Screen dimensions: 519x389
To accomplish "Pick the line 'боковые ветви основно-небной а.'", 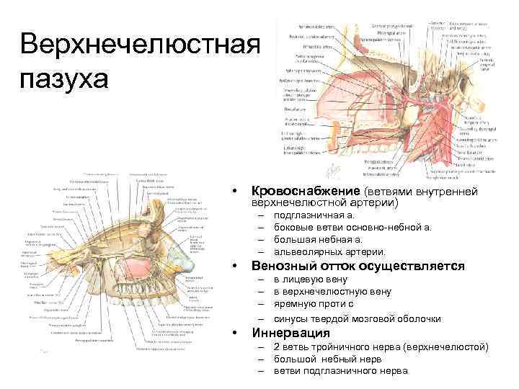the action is pyautogui.click(x=352, y=227).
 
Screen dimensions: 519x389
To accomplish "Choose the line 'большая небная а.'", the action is pyautogui.click(x=317, y=239).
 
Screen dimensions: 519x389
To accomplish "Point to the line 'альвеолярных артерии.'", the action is pyautogui.click(x=329, y=251).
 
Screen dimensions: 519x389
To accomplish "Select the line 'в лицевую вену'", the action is pyautogui.click(x=310, y=279).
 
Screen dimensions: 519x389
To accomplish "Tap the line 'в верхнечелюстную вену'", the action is pyautogui.click(x=332, y=291).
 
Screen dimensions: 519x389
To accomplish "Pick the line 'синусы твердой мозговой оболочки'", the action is pyautogui.click(x=357, y=318).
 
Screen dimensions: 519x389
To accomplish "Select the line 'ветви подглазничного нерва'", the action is pyautogui.click(x=340, y=370).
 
